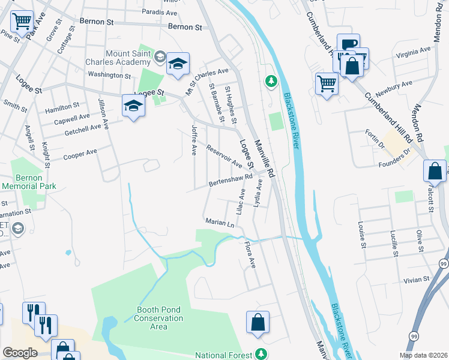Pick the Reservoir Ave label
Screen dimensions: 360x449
click(223, 155)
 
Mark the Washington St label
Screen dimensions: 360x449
click(109, 76)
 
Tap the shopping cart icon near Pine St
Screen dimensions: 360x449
click(22, 22)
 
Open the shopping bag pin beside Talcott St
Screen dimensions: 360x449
click(434, 171)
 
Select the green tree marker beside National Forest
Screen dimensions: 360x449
click(261, 354)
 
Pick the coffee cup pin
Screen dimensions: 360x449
click(348, 44)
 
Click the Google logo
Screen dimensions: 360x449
click(19, 353)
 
